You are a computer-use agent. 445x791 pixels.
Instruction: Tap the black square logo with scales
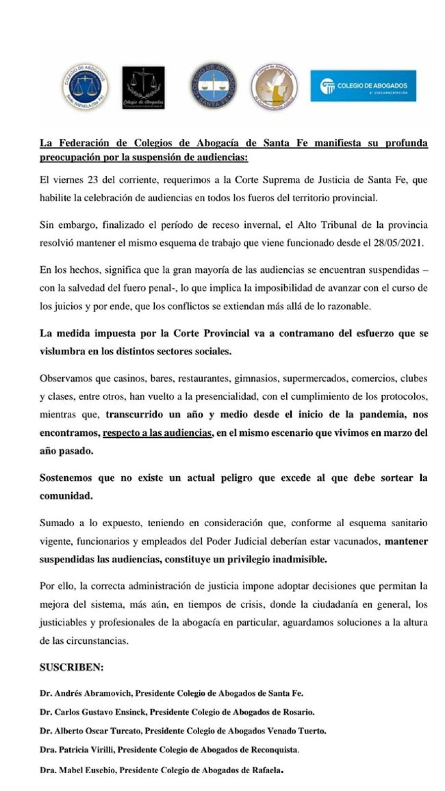click(x=143, y=88)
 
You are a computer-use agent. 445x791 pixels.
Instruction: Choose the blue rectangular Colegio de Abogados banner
click(x=363, y=86)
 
